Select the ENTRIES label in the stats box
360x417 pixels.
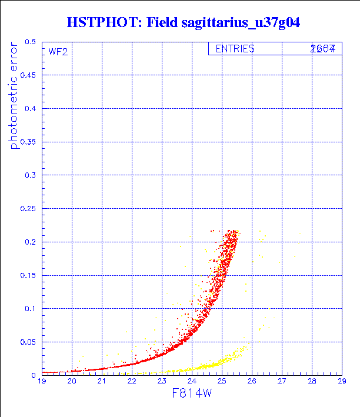[235, 49]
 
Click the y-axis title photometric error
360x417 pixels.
[14, 100]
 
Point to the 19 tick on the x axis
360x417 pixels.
[42, 382]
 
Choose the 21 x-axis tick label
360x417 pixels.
[102, 382]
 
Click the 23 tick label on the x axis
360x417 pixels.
[162, 382]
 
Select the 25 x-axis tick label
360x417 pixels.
[222, 382]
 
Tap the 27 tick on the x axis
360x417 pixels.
[282, 382]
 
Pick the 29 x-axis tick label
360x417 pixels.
[341, 382]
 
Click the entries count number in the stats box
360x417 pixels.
[323, 49]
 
